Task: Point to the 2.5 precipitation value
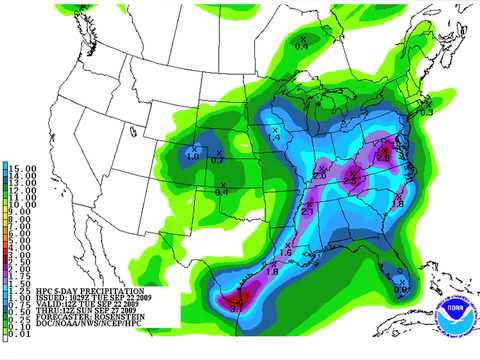(x=352, y=179)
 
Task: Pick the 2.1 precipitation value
(x=308, y=211)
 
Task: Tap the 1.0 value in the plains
(x=192, y=155)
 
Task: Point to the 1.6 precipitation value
(x=285, y=254)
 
